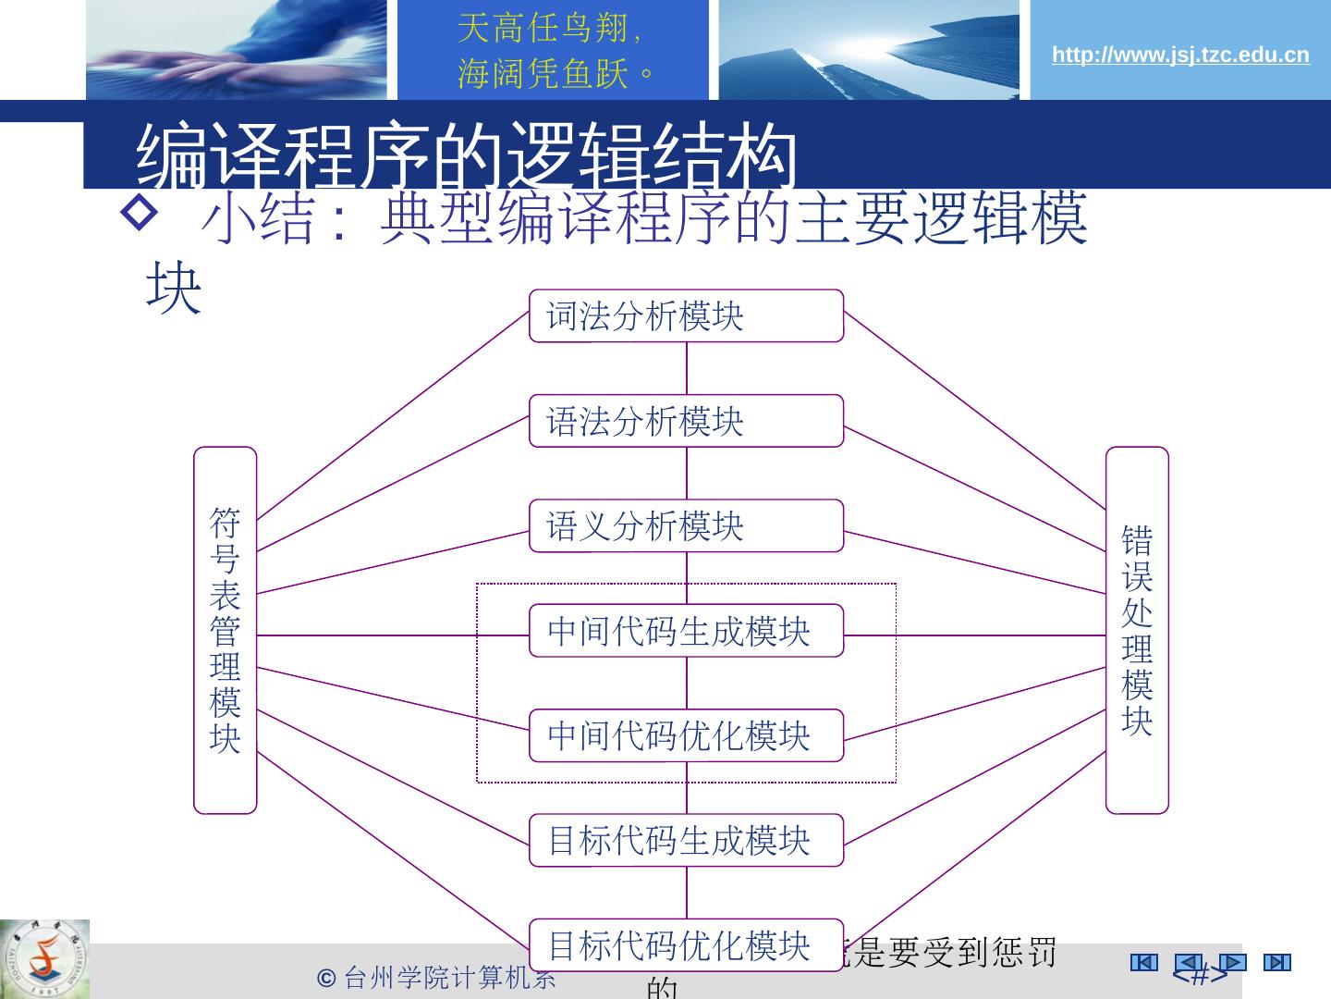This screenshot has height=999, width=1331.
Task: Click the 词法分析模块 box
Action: [x=686, y=315]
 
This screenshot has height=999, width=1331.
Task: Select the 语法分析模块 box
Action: [x=686, y=421]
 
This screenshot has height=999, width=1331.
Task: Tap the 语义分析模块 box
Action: [x=686, y=525]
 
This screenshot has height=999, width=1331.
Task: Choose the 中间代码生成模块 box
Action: [x=686, y=631]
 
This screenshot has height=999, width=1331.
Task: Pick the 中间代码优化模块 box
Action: [x=686, y=735]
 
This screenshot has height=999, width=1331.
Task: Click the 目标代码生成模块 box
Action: [x=686, y=840]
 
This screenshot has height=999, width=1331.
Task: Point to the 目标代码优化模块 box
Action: [x=686, y=944]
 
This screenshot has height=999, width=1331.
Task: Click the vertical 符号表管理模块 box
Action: [x=225, y=630]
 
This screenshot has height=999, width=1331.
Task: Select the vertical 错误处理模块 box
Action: [x=1137, y=630]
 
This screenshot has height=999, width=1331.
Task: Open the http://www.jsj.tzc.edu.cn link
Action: [x=1180, y=55]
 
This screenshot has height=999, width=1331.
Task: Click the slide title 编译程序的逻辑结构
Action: [x=467, y=154]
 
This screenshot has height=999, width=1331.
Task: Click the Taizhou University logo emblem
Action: [x=44, y=958]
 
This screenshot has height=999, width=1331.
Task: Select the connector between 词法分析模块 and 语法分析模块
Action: [x=687, y=368]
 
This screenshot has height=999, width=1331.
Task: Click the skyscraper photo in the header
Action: [x=868, y=50]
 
